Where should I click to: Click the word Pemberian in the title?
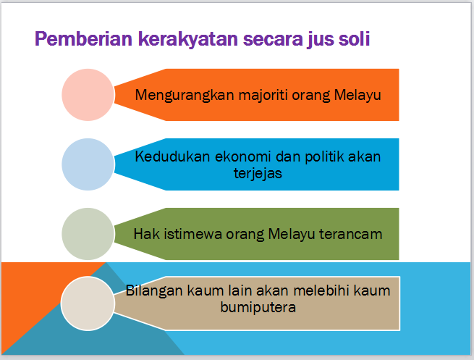(84, 38)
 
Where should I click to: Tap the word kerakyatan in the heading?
(188, 38)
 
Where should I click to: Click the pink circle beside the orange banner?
(88, 95)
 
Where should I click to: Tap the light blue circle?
(88, 164)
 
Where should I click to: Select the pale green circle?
(88, 234)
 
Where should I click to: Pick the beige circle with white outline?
(88, 304)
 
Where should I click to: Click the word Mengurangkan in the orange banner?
(185, 96)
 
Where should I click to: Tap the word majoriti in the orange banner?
(263, 96)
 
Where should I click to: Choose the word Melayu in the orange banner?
(357, 96)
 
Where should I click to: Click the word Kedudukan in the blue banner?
(172, 156)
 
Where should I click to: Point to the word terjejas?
(258, 174)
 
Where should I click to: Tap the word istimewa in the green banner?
(192, 234)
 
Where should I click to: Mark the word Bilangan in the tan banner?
(154, 291)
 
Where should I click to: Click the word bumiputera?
(258, 308)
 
